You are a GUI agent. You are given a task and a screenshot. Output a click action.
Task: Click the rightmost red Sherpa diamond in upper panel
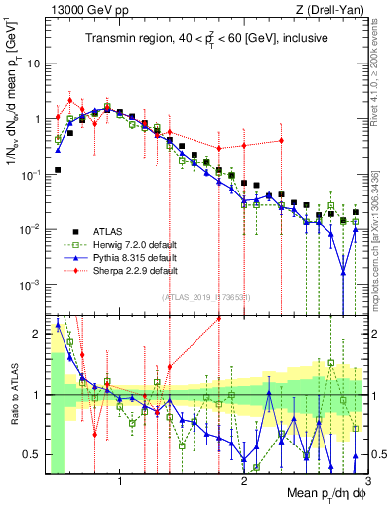click(x=282, y=140)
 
